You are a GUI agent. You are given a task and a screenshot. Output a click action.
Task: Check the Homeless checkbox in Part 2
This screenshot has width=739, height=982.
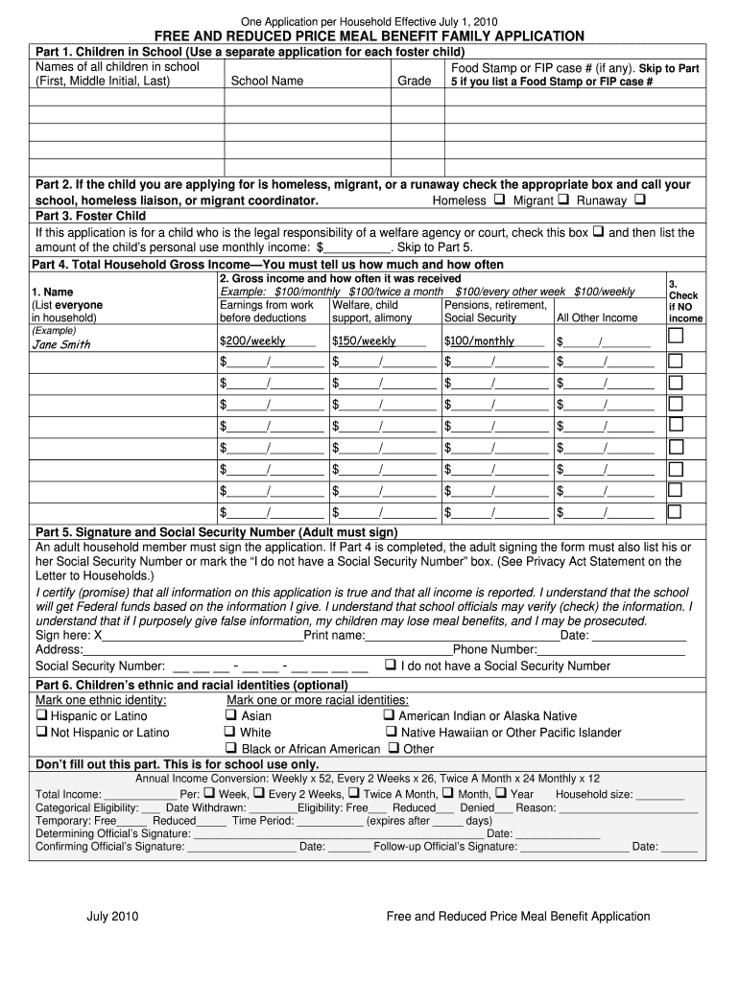tap(499, 200)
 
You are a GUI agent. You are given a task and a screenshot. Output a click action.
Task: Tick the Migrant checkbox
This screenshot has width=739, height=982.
tap(563, 200)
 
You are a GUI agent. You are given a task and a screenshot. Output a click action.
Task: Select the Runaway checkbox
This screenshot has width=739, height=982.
tap(640, 200)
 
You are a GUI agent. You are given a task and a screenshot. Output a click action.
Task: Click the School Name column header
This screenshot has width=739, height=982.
tap(267, 82)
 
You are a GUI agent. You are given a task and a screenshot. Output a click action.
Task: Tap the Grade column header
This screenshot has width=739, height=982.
tap(414, 82)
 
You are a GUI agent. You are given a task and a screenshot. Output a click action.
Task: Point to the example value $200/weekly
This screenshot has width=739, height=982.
tap(252, 340)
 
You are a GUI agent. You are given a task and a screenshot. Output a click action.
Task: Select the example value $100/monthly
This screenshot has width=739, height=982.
tap(479, 340)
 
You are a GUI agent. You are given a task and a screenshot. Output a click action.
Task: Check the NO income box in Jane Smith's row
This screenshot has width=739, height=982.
tap(676, 336)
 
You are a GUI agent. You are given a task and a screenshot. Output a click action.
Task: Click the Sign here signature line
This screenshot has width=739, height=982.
tap(202, 635)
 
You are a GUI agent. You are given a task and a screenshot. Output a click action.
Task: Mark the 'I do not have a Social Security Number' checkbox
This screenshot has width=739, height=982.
tap(391, 665)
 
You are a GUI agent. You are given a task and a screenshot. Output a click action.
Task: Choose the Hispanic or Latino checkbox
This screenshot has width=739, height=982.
tap(41, 715)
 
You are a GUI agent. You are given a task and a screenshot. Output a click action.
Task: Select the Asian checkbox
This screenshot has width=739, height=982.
tap(231, 715)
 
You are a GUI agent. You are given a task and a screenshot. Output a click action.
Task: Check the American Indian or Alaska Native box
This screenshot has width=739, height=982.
tap(390, 715)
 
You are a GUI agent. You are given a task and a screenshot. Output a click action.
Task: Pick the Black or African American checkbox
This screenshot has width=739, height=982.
tap(231, 748)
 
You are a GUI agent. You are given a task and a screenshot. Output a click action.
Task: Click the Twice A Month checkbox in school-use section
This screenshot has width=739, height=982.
tap(353, 794)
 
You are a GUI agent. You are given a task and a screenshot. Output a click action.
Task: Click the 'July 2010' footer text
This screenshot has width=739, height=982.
tap(113, 916)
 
